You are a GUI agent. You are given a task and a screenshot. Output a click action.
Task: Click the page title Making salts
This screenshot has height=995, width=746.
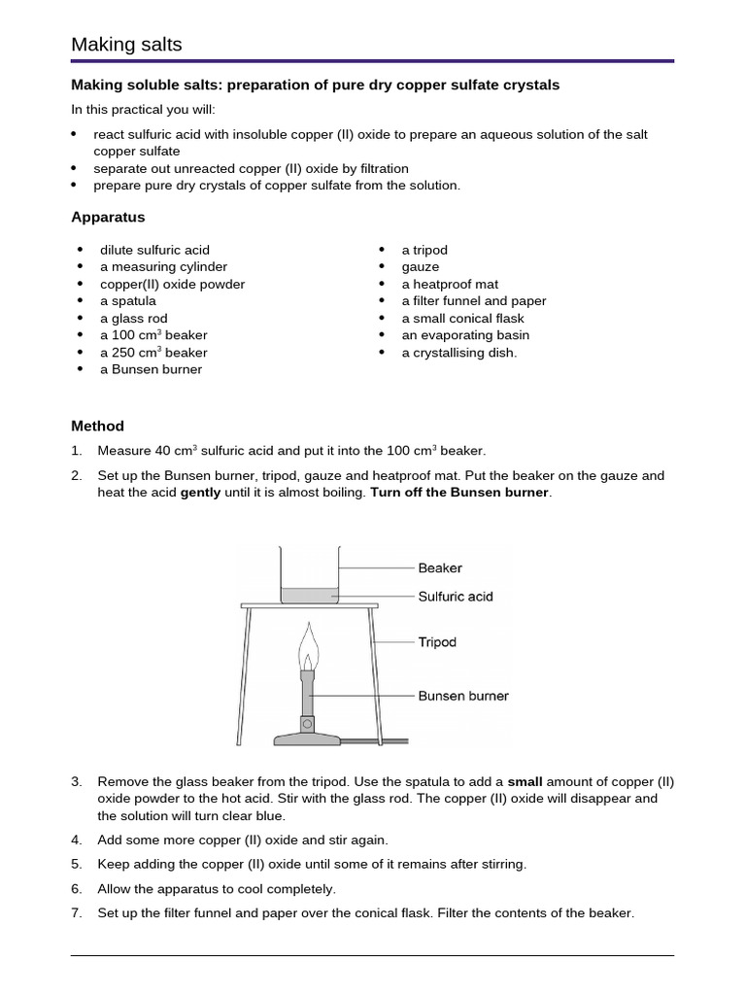point(126,45)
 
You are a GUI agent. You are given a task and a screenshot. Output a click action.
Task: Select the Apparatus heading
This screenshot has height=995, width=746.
point(108,217)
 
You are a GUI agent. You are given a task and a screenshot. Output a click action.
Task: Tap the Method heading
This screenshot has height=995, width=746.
point(97,426)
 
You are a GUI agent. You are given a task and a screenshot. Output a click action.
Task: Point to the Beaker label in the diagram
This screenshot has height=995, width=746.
point(440,567)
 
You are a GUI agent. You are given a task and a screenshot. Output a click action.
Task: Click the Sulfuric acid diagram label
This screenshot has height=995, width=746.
point(456,596)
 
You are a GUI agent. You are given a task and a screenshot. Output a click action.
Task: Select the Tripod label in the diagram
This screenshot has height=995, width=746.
point(437,641)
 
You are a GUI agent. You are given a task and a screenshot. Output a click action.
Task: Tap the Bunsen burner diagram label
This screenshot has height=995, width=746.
point(463,696)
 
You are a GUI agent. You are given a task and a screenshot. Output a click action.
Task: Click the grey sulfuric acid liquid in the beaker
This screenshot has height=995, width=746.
point(309,595)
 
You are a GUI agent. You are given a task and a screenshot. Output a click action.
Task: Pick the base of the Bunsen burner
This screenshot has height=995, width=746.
point(307,738)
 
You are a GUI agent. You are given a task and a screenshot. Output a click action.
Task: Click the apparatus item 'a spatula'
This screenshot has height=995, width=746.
point(127,301)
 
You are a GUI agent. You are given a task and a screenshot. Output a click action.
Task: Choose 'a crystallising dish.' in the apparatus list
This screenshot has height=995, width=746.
point(459,353)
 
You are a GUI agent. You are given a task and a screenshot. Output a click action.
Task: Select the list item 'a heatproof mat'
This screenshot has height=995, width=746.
point(450,285)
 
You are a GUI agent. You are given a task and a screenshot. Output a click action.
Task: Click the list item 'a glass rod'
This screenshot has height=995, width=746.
point(133,319)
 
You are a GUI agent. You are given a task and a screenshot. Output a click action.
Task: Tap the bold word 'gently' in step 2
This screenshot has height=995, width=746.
point(201,493)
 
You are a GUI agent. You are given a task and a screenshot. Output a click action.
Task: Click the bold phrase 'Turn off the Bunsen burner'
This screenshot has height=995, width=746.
point(459,493)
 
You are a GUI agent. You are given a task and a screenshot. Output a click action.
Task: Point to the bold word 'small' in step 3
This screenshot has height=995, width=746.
point(526,781)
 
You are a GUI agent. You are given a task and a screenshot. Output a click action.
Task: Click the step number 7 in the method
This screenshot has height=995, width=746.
point(77,913)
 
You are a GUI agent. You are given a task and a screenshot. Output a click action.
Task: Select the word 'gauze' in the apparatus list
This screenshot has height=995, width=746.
point(421,267)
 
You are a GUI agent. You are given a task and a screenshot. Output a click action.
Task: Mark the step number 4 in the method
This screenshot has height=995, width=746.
point(77,840)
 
